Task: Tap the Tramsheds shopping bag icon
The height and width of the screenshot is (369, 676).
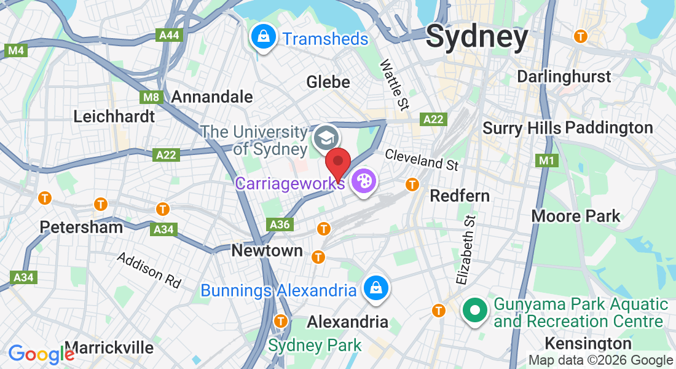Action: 263,38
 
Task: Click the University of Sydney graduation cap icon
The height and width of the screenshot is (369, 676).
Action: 325,137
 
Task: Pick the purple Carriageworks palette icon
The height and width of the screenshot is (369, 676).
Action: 364,181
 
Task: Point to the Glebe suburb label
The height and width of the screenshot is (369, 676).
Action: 328,82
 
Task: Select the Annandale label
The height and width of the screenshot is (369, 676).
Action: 212,97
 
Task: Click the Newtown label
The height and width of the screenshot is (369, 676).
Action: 267,250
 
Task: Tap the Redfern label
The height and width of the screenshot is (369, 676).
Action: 460,196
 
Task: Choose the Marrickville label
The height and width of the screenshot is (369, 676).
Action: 109,347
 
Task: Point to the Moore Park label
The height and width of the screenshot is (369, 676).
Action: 576,216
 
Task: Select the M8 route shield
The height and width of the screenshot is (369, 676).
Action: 151,97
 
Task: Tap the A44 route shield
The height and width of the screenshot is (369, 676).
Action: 169,35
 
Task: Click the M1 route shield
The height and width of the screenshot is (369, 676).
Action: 545,161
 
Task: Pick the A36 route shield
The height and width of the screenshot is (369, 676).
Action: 280,224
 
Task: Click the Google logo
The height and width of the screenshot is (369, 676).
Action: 41,354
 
